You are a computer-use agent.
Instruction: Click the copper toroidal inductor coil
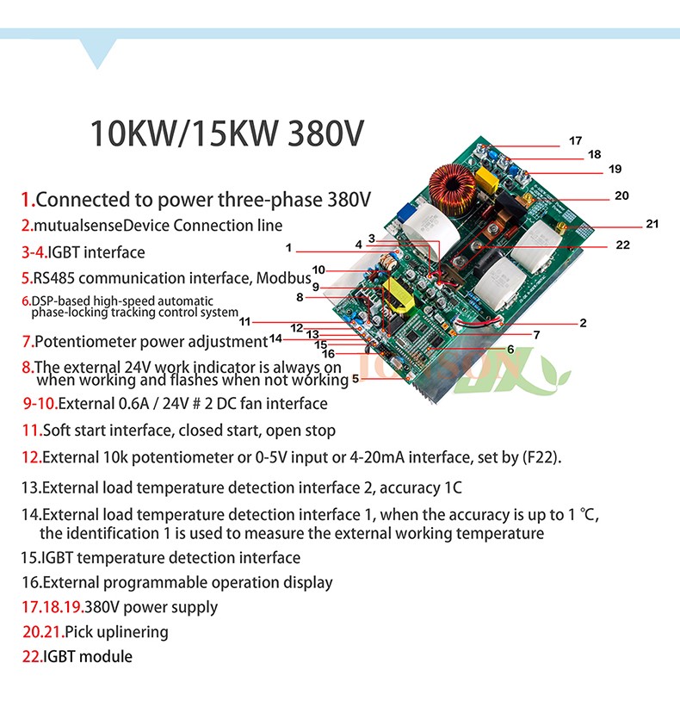(x=452, y=189)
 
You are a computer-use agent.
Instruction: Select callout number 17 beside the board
(x=576, y=140)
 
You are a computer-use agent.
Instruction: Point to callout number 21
(x=652, y=224)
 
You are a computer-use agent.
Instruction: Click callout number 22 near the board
(x=623, y=245)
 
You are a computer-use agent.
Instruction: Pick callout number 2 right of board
(x=583, y=323)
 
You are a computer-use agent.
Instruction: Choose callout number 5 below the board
(x=355, y=378)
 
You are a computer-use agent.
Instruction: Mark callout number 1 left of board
(x=289, y=247)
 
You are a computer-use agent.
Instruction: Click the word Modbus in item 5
(x=283, y=278)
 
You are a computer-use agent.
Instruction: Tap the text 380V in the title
(x=325, y=133)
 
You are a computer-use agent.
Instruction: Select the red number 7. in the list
(x=28, y=341)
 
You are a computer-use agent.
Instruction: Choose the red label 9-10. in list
(x=40, y=403)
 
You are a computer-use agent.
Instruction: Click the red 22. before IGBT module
(x=33, y=656)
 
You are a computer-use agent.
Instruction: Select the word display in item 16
(x=308, y=582)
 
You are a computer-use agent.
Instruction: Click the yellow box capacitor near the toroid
(x=486, y=179)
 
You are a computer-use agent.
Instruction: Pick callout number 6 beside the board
(x=510, y=350)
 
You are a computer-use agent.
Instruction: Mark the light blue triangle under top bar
(x=98, y=51)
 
